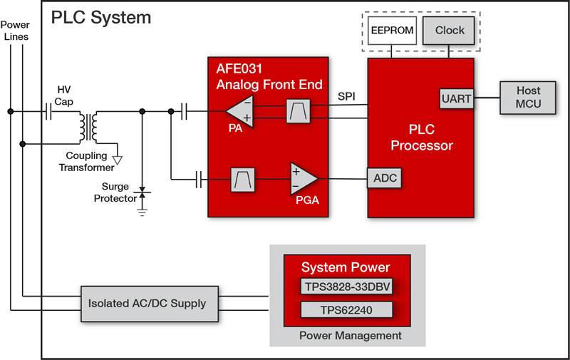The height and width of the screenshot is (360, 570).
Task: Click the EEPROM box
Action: point(392,31)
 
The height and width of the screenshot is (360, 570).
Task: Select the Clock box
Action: point(450,30)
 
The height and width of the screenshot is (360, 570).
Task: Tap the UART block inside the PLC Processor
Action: point(456,98)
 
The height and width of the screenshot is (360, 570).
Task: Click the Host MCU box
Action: point(529,98)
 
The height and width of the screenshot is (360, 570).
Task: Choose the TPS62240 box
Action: point(346,310)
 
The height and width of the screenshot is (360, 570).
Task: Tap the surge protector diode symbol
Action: point(142,193)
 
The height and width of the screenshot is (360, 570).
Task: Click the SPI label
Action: point(347,95)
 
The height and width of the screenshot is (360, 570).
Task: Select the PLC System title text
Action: point(100,17)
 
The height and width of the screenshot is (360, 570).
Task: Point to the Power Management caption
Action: point(346,335)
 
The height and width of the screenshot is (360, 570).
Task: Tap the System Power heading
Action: point(346,267)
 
